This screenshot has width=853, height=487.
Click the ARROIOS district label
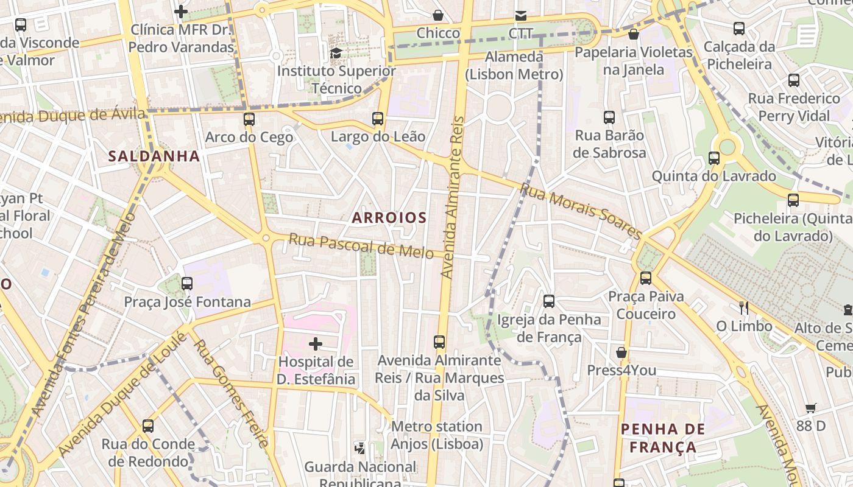pos(389,217)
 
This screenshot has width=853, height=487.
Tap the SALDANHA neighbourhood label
pos(154,156)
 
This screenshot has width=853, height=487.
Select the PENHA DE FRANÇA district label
pos(663,438)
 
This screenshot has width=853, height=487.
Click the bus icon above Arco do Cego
pos(249,119)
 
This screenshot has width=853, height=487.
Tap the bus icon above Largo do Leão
pos(378,118)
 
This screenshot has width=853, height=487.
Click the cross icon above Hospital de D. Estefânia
pos(316,344)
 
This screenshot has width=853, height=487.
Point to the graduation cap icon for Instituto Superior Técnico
pos(336,54)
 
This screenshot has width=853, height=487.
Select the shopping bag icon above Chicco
pos(437,15)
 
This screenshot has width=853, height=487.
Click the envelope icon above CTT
pos(520,15)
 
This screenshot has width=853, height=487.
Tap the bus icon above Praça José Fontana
pos(187,283)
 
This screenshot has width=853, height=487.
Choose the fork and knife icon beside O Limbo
pos(743,307)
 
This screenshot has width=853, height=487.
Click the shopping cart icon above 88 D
pos(810,408)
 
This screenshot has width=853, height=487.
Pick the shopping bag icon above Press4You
pos(621,352)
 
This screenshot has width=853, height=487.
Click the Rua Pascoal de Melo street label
pos(361,245)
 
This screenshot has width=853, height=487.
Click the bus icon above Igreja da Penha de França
pos(548,301)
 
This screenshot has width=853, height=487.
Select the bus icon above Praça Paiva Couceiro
pos(646,278)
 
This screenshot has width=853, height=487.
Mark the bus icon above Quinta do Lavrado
pos(713,158)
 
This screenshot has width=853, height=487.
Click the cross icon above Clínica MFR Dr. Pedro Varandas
pos(181,11)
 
